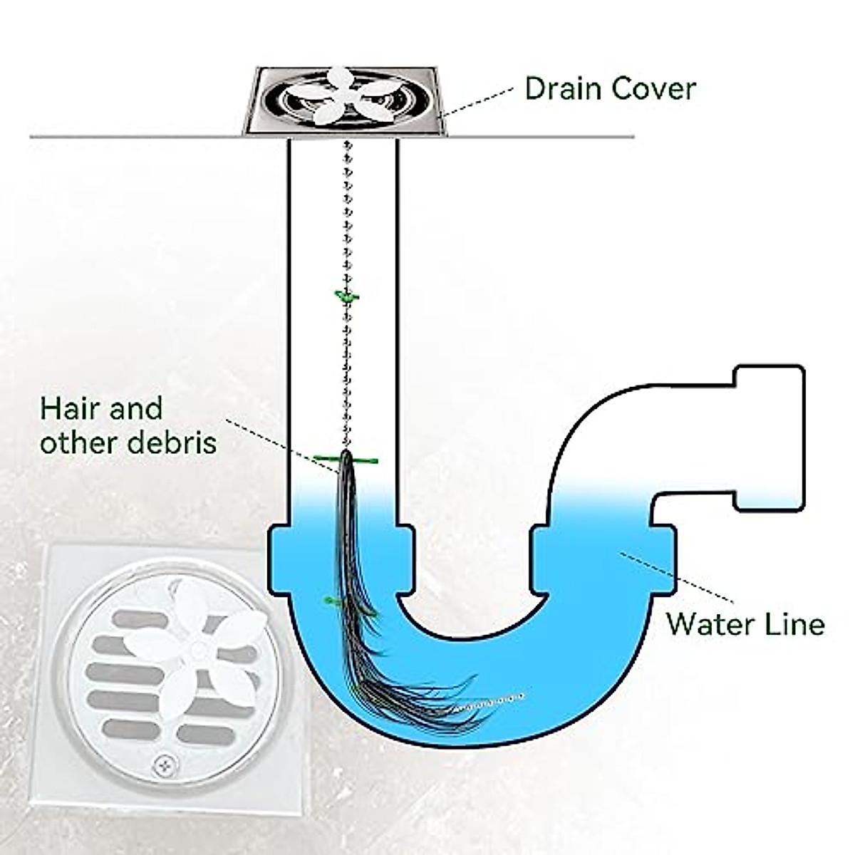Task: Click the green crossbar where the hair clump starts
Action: coord(346,460)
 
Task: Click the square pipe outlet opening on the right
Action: coord(769,438)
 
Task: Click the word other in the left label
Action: coord(78,442)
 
